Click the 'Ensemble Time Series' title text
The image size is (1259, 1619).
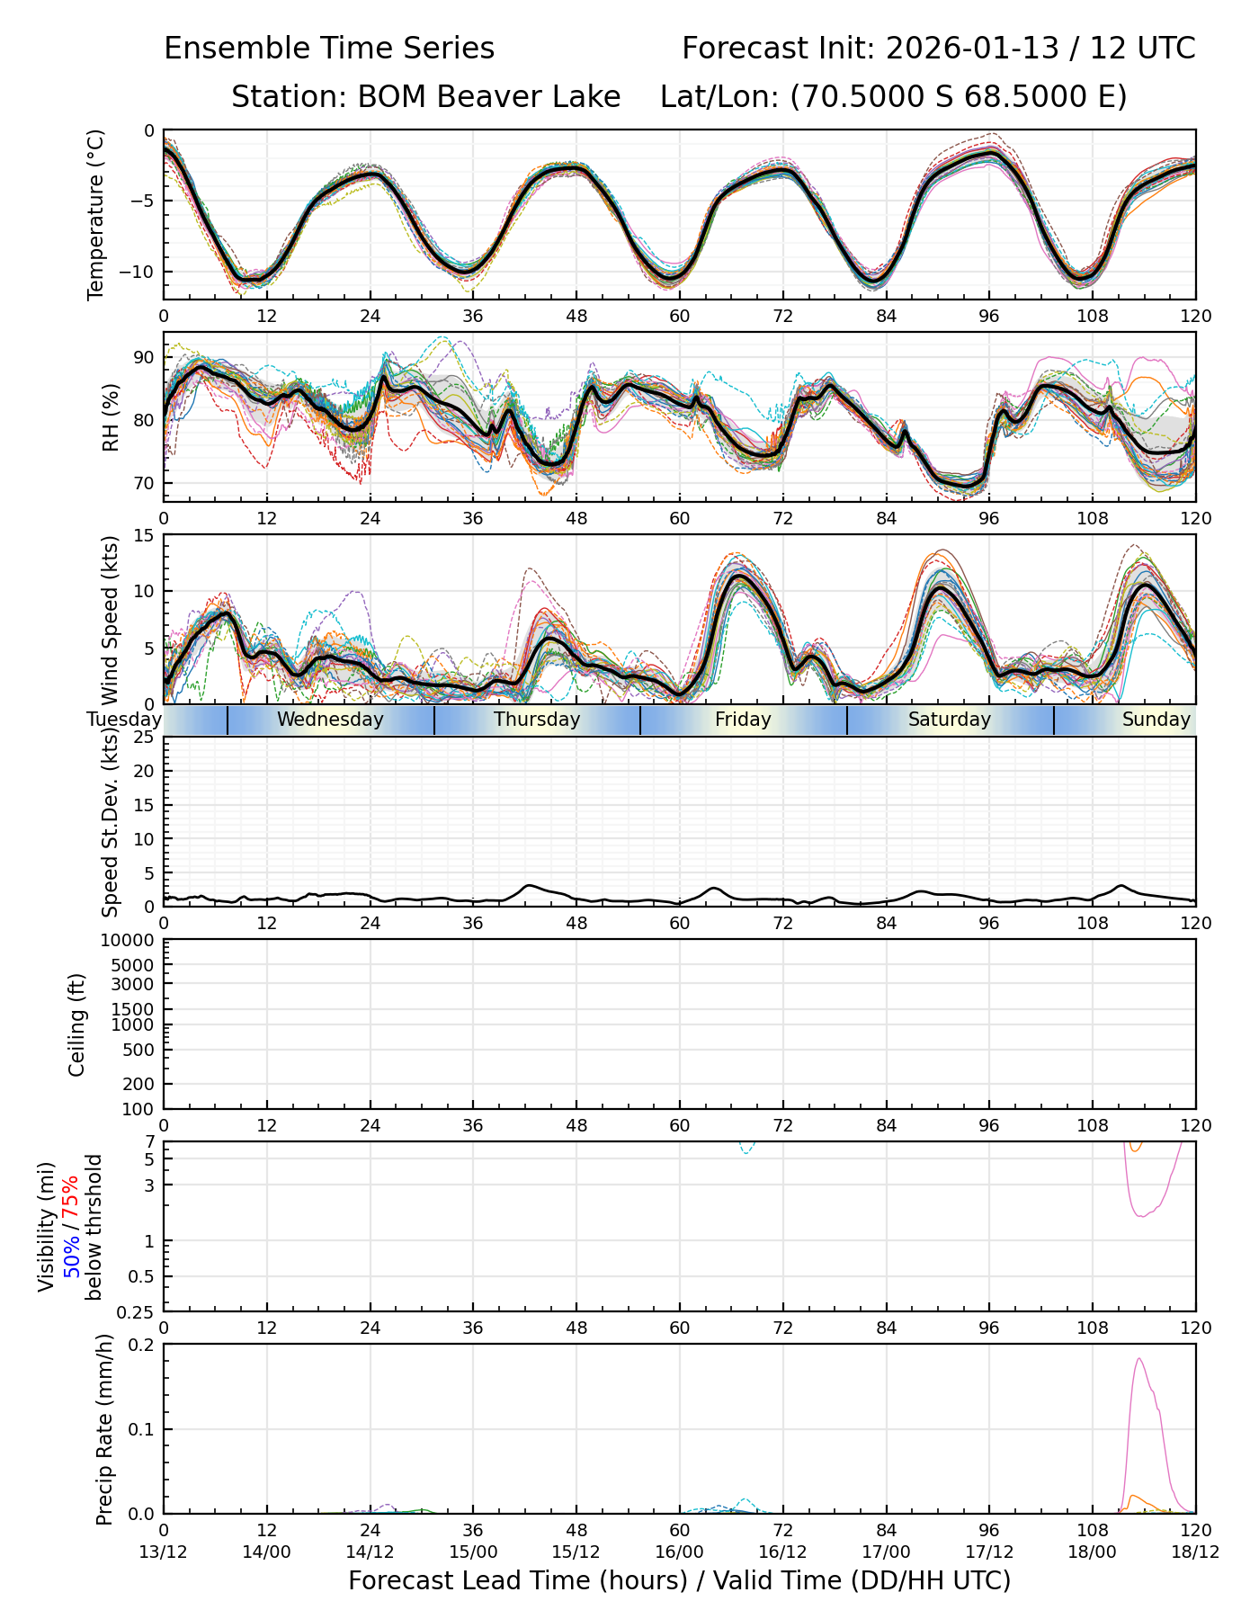(x=329, y=49)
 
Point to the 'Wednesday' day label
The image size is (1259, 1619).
(x=330, y=720)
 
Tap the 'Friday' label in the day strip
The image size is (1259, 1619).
(x=743, y=720)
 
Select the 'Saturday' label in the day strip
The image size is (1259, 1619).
(x=950, y=720)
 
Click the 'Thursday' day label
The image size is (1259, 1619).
(x=537, y=720)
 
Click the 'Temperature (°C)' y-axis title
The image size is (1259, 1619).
(x=96, y=214)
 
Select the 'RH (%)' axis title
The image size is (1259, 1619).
(x=112, y=416)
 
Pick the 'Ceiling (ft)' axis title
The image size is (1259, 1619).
(x=77, y=1024)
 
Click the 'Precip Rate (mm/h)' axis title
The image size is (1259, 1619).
(x=105, y=1429)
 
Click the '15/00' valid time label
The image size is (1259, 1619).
(x=473, y=1552)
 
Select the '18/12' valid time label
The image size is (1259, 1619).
(x=1195, y=1552)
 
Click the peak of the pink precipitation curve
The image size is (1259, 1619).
(x=1139, y=1359)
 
